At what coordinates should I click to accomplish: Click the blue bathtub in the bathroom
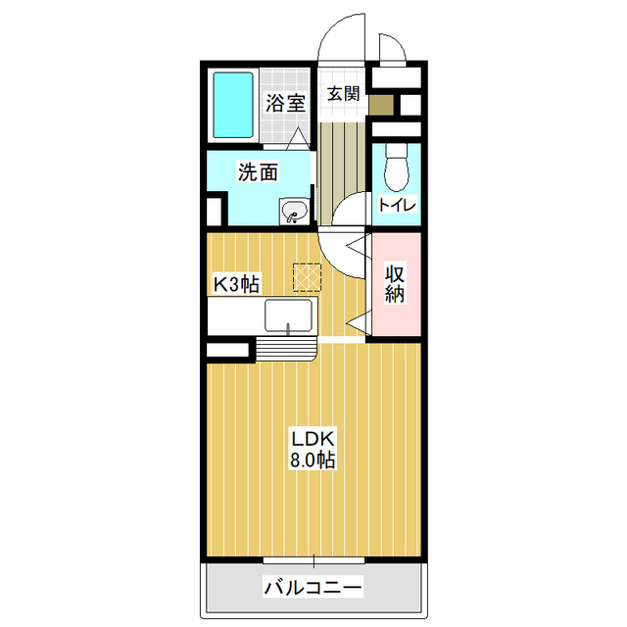tap(233, 105)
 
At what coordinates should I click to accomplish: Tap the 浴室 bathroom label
tap(285, 103)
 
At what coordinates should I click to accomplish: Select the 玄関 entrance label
tap(344, 94)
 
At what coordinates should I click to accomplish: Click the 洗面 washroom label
tap(258, 172)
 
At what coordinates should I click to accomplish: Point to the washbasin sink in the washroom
tap(294, 211)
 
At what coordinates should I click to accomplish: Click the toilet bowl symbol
tap(396, 168)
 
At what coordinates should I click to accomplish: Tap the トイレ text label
tap(397, 205)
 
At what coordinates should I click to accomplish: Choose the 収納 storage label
tap(395, 283)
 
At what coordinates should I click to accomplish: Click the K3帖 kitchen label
tap(237, 284)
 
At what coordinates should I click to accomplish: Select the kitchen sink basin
tap(288, 315)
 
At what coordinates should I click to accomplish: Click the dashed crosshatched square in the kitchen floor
tap(307, 276)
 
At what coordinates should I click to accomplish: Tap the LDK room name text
tap(313, 440)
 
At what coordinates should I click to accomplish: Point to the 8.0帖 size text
tap(313, 460)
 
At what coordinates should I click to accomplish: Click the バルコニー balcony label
tap(313, 588)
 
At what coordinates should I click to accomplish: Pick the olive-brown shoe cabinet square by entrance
tap(381, 105)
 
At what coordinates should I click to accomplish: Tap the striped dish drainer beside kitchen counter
tap(285, 349)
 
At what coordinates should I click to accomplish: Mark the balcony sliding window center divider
tap(313, 561)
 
